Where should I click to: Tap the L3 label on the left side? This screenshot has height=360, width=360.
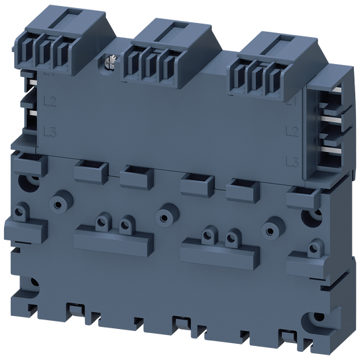48,130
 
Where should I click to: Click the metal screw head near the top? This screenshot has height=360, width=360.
108,63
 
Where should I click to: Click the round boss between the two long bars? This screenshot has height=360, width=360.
163,217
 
